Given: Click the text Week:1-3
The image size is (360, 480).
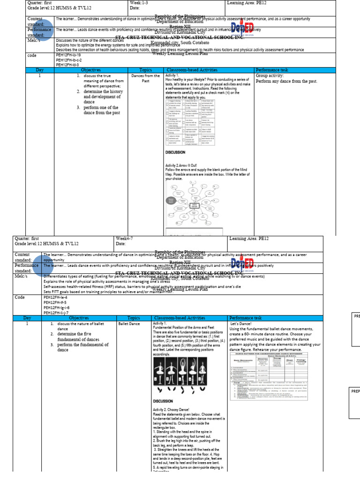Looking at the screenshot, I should click(139, 3).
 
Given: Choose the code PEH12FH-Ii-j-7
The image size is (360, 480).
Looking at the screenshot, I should click(56, 312).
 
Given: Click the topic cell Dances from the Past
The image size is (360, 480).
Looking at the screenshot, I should click(145, 78).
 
